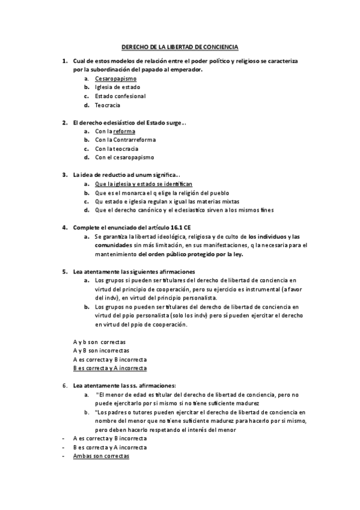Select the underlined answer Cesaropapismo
pos(115,79)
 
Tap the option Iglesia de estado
pos(117,87)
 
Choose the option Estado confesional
pos(120,96)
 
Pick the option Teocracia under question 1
pos(108,105)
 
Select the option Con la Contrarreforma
pos(124,140)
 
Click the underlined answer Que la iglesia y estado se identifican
pos(144,183)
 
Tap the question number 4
pos(64,227)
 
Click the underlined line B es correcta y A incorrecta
pos(110,367)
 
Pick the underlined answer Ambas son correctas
pos(101,456)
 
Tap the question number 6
pos(64,386)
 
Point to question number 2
pos(64,123)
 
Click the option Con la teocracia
pos(117,149)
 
